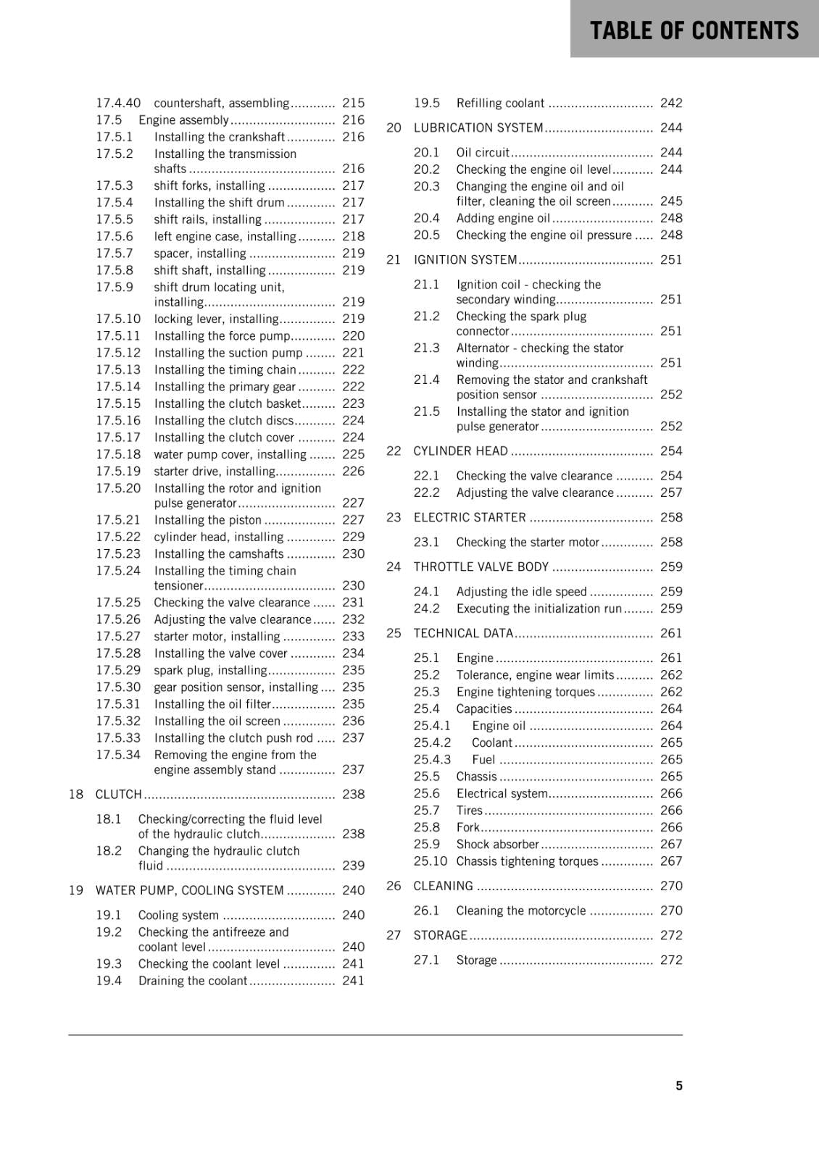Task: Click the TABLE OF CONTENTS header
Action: click(694, 30)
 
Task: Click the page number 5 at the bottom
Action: click(679, 1085)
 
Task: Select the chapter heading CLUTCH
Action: click(119, 794)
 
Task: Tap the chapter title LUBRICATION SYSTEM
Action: click(478, 127)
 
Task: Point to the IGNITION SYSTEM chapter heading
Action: click(465, 259)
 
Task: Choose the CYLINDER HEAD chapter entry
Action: click(460, 451)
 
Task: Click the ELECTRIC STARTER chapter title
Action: click(470, 517)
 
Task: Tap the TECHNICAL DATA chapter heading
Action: click(463, 633)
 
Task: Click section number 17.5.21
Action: click(118, 519)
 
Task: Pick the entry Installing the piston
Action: click(207, 519)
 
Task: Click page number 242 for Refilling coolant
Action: click(671, 103)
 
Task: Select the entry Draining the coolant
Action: click(193, 980)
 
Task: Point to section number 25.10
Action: click(431, 861)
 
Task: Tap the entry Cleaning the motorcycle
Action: click(520, 910)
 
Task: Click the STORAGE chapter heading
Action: click(440, 935)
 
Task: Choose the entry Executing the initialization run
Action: click(539, 608)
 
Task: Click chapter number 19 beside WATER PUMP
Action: click(76, 890)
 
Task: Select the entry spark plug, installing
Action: click(210, 670)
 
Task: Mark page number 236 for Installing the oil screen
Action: click(353, 721)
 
